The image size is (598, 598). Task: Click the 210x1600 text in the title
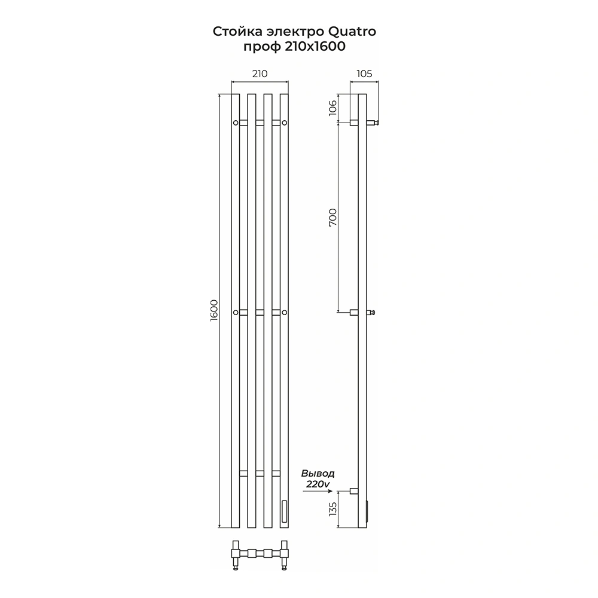(x=315, y=47)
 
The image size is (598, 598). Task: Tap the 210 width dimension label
(x=260, y=74)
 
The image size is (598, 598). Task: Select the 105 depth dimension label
(x=364, y=74)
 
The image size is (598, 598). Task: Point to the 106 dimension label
(x=333, y=108)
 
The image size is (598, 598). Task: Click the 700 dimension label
(x=333, y=218)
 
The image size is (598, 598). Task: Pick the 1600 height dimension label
(x=214, y=310)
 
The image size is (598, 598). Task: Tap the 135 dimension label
(x=333, y=509)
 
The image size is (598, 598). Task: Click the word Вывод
(x=318, y=474)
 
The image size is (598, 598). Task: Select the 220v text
(x=318, y=484)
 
